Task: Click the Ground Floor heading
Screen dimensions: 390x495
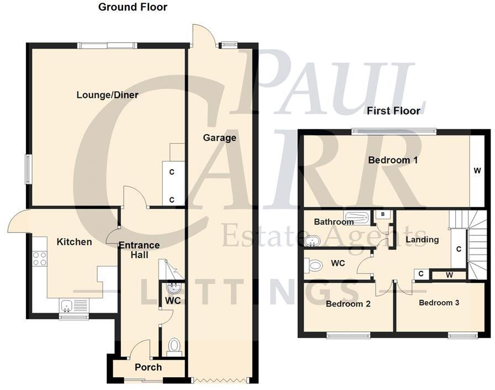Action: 133,7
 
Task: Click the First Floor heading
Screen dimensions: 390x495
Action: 393,111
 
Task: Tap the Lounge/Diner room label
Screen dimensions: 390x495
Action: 107,94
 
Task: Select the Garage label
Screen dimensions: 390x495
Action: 219,138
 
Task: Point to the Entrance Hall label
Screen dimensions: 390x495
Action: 139,250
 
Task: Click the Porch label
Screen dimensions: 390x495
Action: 148,367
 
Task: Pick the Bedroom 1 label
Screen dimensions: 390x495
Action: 392,160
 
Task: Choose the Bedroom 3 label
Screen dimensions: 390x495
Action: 439,303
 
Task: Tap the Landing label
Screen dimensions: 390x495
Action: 422,240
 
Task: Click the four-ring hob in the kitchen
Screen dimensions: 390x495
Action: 40,259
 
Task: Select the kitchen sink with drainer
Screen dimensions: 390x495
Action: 73,304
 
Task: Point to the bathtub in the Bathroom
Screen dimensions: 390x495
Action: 356,218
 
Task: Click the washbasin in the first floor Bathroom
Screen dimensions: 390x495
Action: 312,241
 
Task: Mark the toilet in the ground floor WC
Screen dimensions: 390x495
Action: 174,346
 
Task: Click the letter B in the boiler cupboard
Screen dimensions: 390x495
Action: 382,214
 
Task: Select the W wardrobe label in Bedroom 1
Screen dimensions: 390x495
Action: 477,171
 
